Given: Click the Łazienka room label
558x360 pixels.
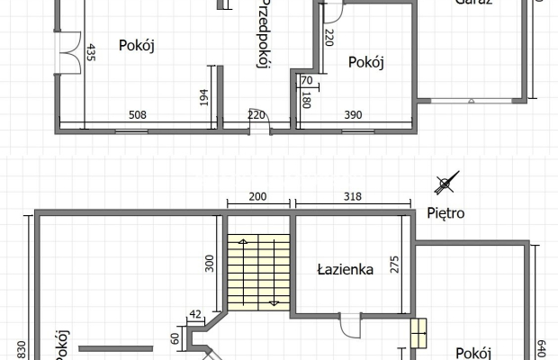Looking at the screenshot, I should tap(346, 268).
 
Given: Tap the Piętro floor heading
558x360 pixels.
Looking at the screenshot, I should tap(445, 214).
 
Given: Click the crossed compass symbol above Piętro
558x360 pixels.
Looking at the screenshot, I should tap(444, 185).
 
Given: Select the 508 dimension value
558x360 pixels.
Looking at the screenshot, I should tap(137, 115).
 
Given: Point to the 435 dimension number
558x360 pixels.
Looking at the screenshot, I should tap(92, 55).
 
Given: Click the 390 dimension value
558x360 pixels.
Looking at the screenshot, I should tap(353, 115).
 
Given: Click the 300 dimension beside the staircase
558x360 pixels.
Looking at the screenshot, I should tap(210, 263).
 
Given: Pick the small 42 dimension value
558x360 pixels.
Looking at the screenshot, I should tap(195, 314).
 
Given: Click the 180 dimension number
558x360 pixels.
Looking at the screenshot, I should tap(306, 100).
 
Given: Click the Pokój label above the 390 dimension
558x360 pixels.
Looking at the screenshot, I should tap(365, 62).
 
